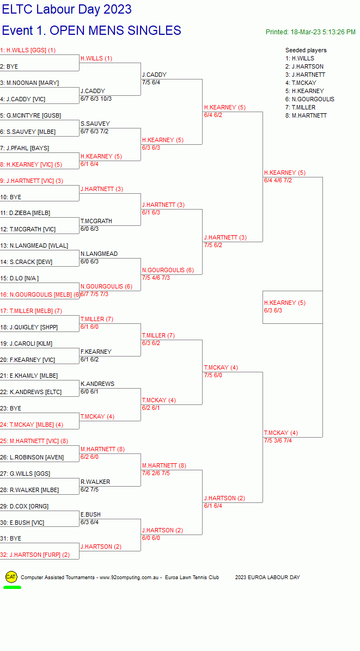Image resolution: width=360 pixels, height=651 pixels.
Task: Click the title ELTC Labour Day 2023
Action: (x=67, y=9)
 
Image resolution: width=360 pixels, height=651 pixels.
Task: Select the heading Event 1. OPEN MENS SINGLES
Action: (x=91, y=30)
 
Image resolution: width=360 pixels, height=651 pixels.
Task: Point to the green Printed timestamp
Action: (x=310, y=32)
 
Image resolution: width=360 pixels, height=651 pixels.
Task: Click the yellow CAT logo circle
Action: (x=11, y=576)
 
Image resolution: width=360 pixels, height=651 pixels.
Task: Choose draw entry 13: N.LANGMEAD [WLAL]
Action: (x=34, y=246)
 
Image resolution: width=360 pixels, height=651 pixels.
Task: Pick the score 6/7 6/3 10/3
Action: (x=96, y=99)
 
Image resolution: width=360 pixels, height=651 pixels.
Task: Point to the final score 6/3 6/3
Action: (x=273, y=310)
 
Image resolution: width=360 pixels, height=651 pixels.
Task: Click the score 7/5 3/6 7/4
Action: (x=278, y=440)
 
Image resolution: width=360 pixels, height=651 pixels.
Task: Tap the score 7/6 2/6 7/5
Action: (x=156, y=473)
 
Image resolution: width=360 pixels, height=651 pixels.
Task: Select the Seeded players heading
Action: (x=306, y=50)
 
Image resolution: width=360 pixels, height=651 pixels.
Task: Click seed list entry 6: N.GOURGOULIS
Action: (x=310, y=99)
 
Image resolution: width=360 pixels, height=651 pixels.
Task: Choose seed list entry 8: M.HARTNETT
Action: (x=306, y=115)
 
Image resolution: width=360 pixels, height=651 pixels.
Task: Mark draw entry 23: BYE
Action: (x=11, y=409)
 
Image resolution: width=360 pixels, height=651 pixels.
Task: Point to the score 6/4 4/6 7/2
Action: (x=278, y=180)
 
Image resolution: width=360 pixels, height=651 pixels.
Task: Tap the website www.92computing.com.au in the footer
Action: (x=129, y=578)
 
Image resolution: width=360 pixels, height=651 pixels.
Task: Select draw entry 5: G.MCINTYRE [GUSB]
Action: (x=30, y=115)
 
